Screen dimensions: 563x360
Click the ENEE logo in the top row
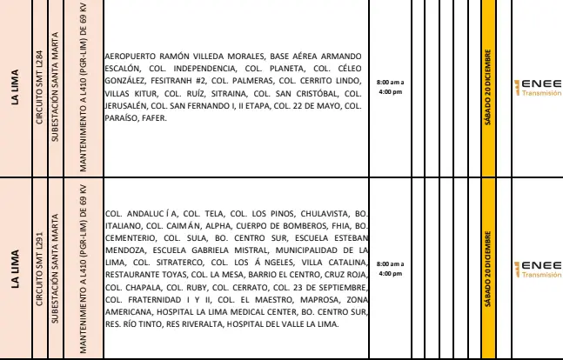pos(540,88)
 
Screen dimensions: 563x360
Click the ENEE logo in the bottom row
pos(540,267)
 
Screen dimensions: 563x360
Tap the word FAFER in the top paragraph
pos(163,119)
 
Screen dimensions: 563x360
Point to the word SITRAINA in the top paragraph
pos(229,93)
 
